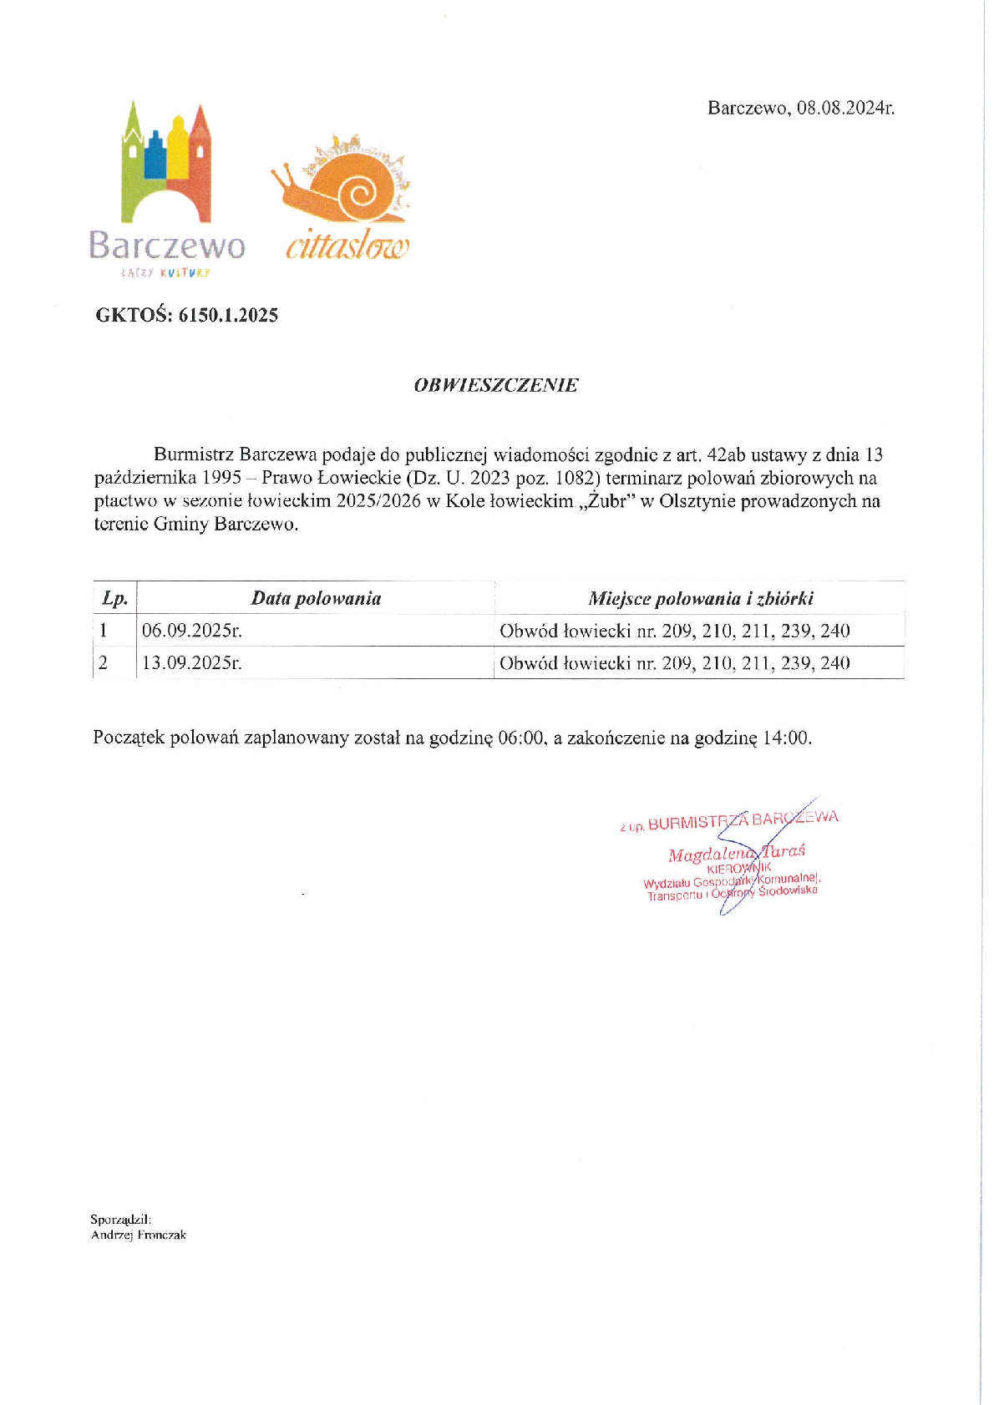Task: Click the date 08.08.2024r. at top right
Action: pyautogui.click(x=844, y=108)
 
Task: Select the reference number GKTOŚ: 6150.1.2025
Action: pyautogui.click(x=186, y=315)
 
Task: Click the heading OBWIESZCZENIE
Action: pyautogui.click(x=496, y=385)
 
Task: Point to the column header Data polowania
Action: pyautogui.click(x=316, y=598)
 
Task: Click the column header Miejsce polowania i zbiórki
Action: pyautogui.click(x=700, y=598)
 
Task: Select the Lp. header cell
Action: pyautogui.click(x=114, y=598)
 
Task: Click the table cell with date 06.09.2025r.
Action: pyautogui.click(x=192, y=631)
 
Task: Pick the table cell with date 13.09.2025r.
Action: pyautogui.click(x=192, y=663)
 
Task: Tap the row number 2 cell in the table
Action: pyautogui.click(x=104, y=663)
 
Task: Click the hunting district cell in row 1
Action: pyautogui.click(x=674, y=631)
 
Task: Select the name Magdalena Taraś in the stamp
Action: pyautogui.click(x=736, y=854)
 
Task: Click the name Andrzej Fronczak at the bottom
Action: pyautogui.click(x=139, y=1235)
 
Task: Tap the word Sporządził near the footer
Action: pyautogui.click(x=120, y=1220)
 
